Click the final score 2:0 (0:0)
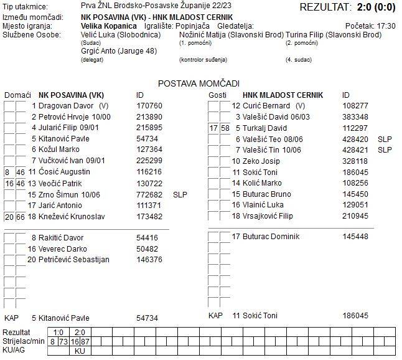click(x=374, y=7)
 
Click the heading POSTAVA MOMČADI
click(x=199, y=83)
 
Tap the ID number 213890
click(x=149, y=117)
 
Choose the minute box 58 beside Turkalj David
click(x=225, y=128)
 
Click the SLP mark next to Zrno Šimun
click(x=180, y=194)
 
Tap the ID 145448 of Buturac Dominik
click(x=355, y=237)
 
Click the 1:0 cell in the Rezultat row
click(x=60, y=333)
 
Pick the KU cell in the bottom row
click(x=80, y=351)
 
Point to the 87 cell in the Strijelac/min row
click(x=85, y=342)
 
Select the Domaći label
click(x=17, y=95)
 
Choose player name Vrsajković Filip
click(x=271, y=217)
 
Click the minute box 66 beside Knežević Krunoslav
click(x=21, y=217)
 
